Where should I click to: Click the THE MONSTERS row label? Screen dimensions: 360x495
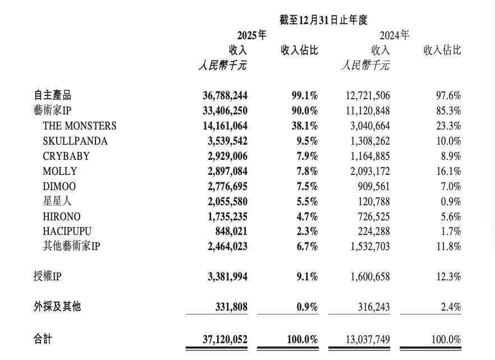(x=79, y=126)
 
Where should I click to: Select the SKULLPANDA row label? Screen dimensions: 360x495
(x=75, y=141)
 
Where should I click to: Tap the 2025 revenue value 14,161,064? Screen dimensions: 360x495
(x=225, y=126)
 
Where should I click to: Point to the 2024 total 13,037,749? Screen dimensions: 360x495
(x=366, y=339)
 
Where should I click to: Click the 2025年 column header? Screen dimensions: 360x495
(x=251, y=35)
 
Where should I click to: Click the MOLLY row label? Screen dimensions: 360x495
(x=59, y=171)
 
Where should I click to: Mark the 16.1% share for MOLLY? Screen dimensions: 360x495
(x=450, y=171)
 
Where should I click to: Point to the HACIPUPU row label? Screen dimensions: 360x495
(x=67, y=231)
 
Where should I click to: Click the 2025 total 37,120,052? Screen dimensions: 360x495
(x=225, y=339)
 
